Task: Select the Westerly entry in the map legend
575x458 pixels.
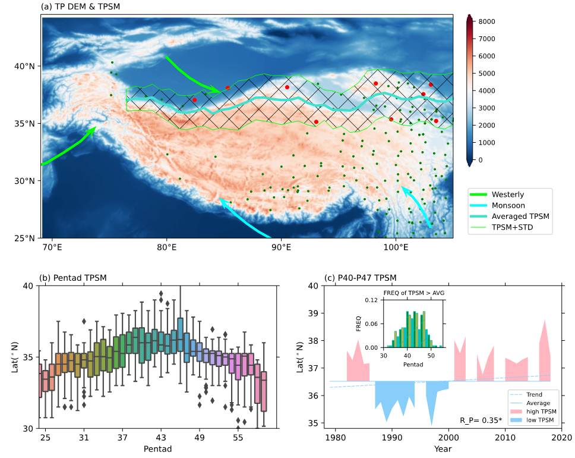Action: [507, 195]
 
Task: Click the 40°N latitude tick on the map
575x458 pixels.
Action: [25, 65]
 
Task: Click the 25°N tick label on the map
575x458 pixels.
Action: [25, 239]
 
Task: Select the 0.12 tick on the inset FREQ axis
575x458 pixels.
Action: [372, 300]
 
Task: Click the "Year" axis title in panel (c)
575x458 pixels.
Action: [443, 449]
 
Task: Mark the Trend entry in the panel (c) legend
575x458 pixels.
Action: [534, 394]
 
